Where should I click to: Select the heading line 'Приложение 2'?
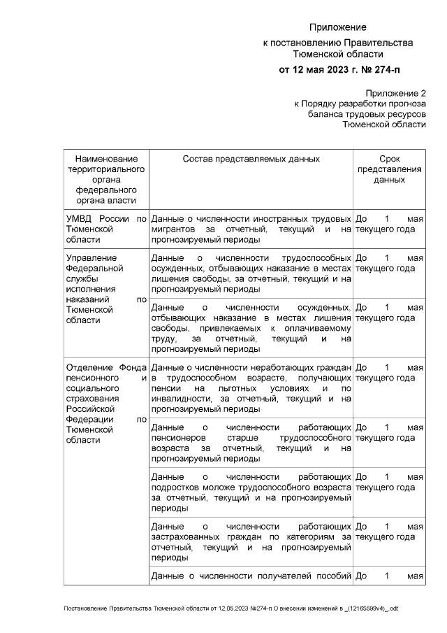[x=395, y=93]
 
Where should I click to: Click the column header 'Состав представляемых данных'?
[x=251, y=159]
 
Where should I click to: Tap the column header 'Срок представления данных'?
[x=389, y=169]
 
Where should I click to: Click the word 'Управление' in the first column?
[x=89, y=257]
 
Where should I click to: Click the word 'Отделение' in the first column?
[x=88, y=368]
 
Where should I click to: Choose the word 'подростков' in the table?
[x=175, y=488]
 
